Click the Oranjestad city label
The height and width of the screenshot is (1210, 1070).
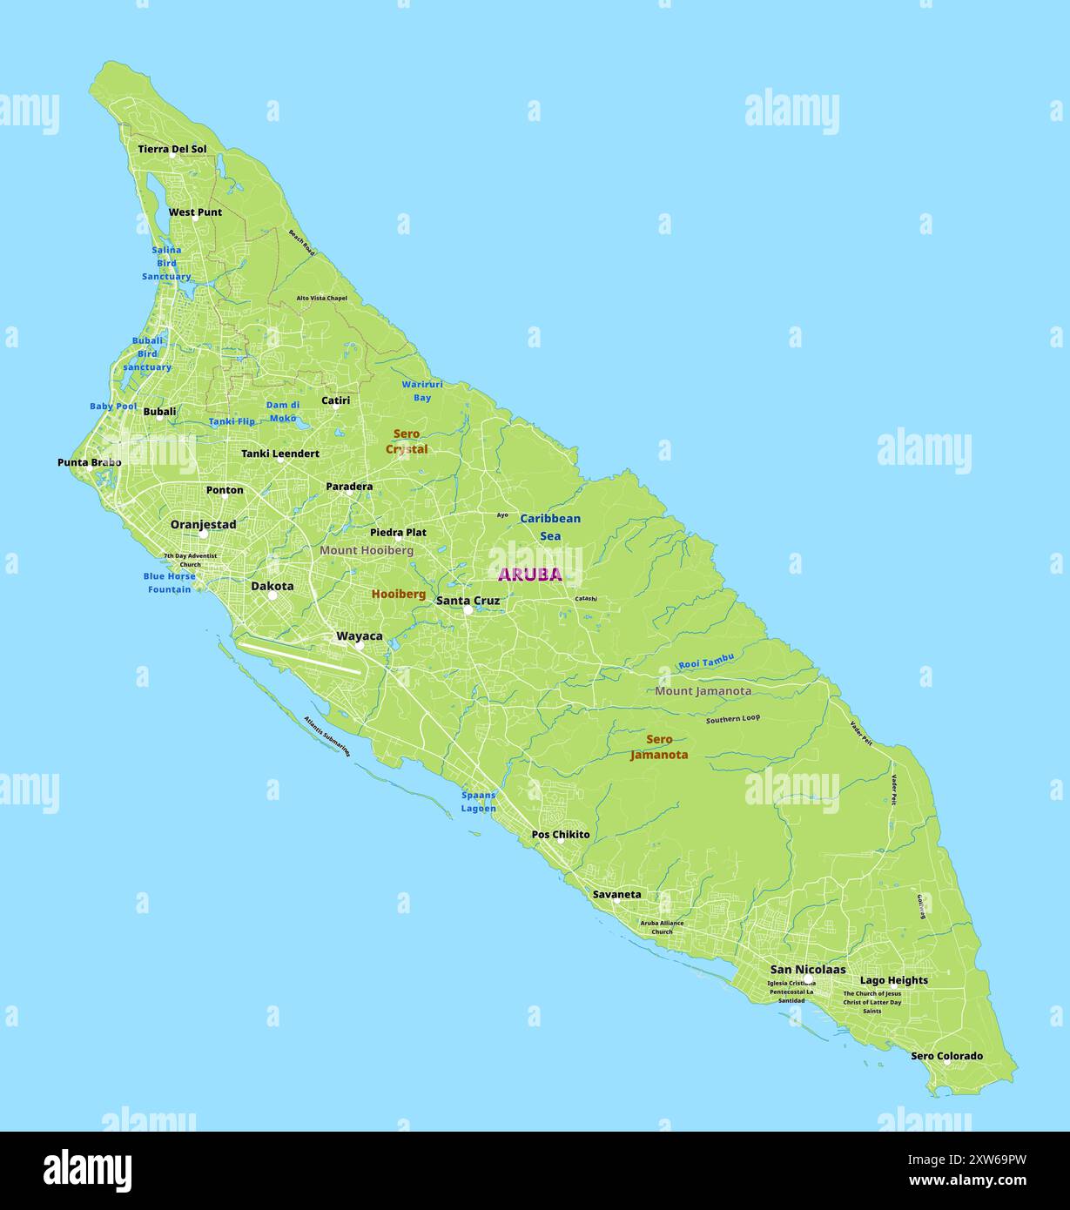tap(203, 525)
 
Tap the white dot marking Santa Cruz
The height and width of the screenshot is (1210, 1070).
tap(468, 610)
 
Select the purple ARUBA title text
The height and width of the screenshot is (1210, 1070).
tap(529, 575)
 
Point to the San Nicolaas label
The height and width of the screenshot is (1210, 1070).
tap(807, 969)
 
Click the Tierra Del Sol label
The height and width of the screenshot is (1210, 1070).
tap(172, 149)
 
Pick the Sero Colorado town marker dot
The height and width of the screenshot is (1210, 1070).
tap(946, 1061)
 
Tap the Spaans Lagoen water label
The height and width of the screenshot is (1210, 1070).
tap(479, 802)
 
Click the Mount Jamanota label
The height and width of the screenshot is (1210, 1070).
tap(703, 691)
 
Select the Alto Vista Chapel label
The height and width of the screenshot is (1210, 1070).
tap(321, 298)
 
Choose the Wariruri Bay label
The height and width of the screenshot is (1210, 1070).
tap(422, 391)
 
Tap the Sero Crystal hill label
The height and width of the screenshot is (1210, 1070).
tap(407, 441)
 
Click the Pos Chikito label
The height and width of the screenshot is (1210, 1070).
tap(561, 835)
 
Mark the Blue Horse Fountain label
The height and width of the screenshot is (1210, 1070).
tap(169, 582)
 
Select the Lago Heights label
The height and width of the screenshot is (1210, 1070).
tap(893, 980)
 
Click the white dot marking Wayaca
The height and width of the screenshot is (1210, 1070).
tap(359, 646)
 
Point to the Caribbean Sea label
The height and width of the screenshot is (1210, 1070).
tap(550, 527)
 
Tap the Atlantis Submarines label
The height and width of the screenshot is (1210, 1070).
tap(326, 736)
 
